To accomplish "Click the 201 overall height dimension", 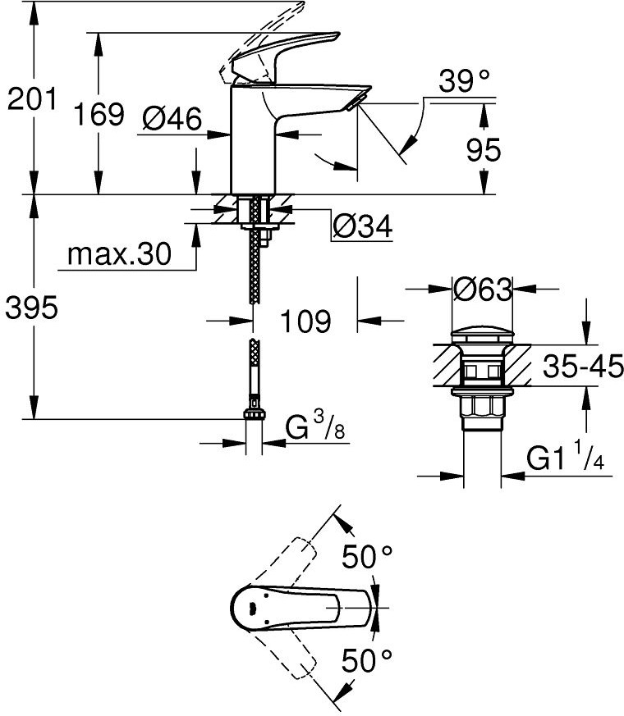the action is [x=32, y=99].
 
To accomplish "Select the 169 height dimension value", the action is [x=99, y=114].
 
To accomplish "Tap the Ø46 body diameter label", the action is [x=172, y=119].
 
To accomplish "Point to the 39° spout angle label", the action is [x=465, y=81].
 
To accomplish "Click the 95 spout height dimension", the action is [x=484, y=150].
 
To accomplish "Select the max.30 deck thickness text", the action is [x=119, y=254].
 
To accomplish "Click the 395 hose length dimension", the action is [x=31, y=308].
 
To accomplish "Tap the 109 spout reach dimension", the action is [x=305, y=321].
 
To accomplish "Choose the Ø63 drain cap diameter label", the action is [x=483, y=289].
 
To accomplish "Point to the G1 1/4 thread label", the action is [x=565, y=456].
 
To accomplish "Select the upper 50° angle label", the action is [x=367, y=557].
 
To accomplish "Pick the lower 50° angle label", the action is [x=367, y=660].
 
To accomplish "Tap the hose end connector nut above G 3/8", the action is [x=255, y=413].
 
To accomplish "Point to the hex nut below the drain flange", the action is [x=482, y=407].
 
